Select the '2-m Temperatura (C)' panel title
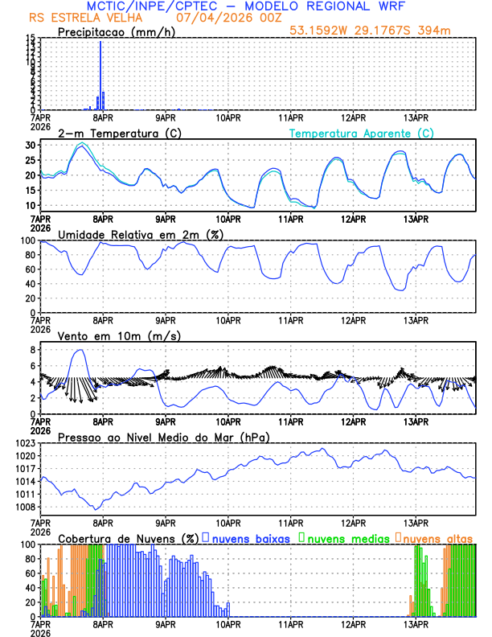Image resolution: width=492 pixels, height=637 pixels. coord(113,133)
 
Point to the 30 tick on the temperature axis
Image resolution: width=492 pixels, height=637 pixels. coord(30,146)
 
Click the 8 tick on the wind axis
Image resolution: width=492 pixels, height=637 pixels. coord(33,350)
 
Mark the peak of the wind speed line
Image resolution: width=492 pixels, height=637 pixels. coord(79,350)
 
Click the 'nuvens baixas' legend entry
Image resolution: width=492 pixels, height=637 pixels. coord(250,537)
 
